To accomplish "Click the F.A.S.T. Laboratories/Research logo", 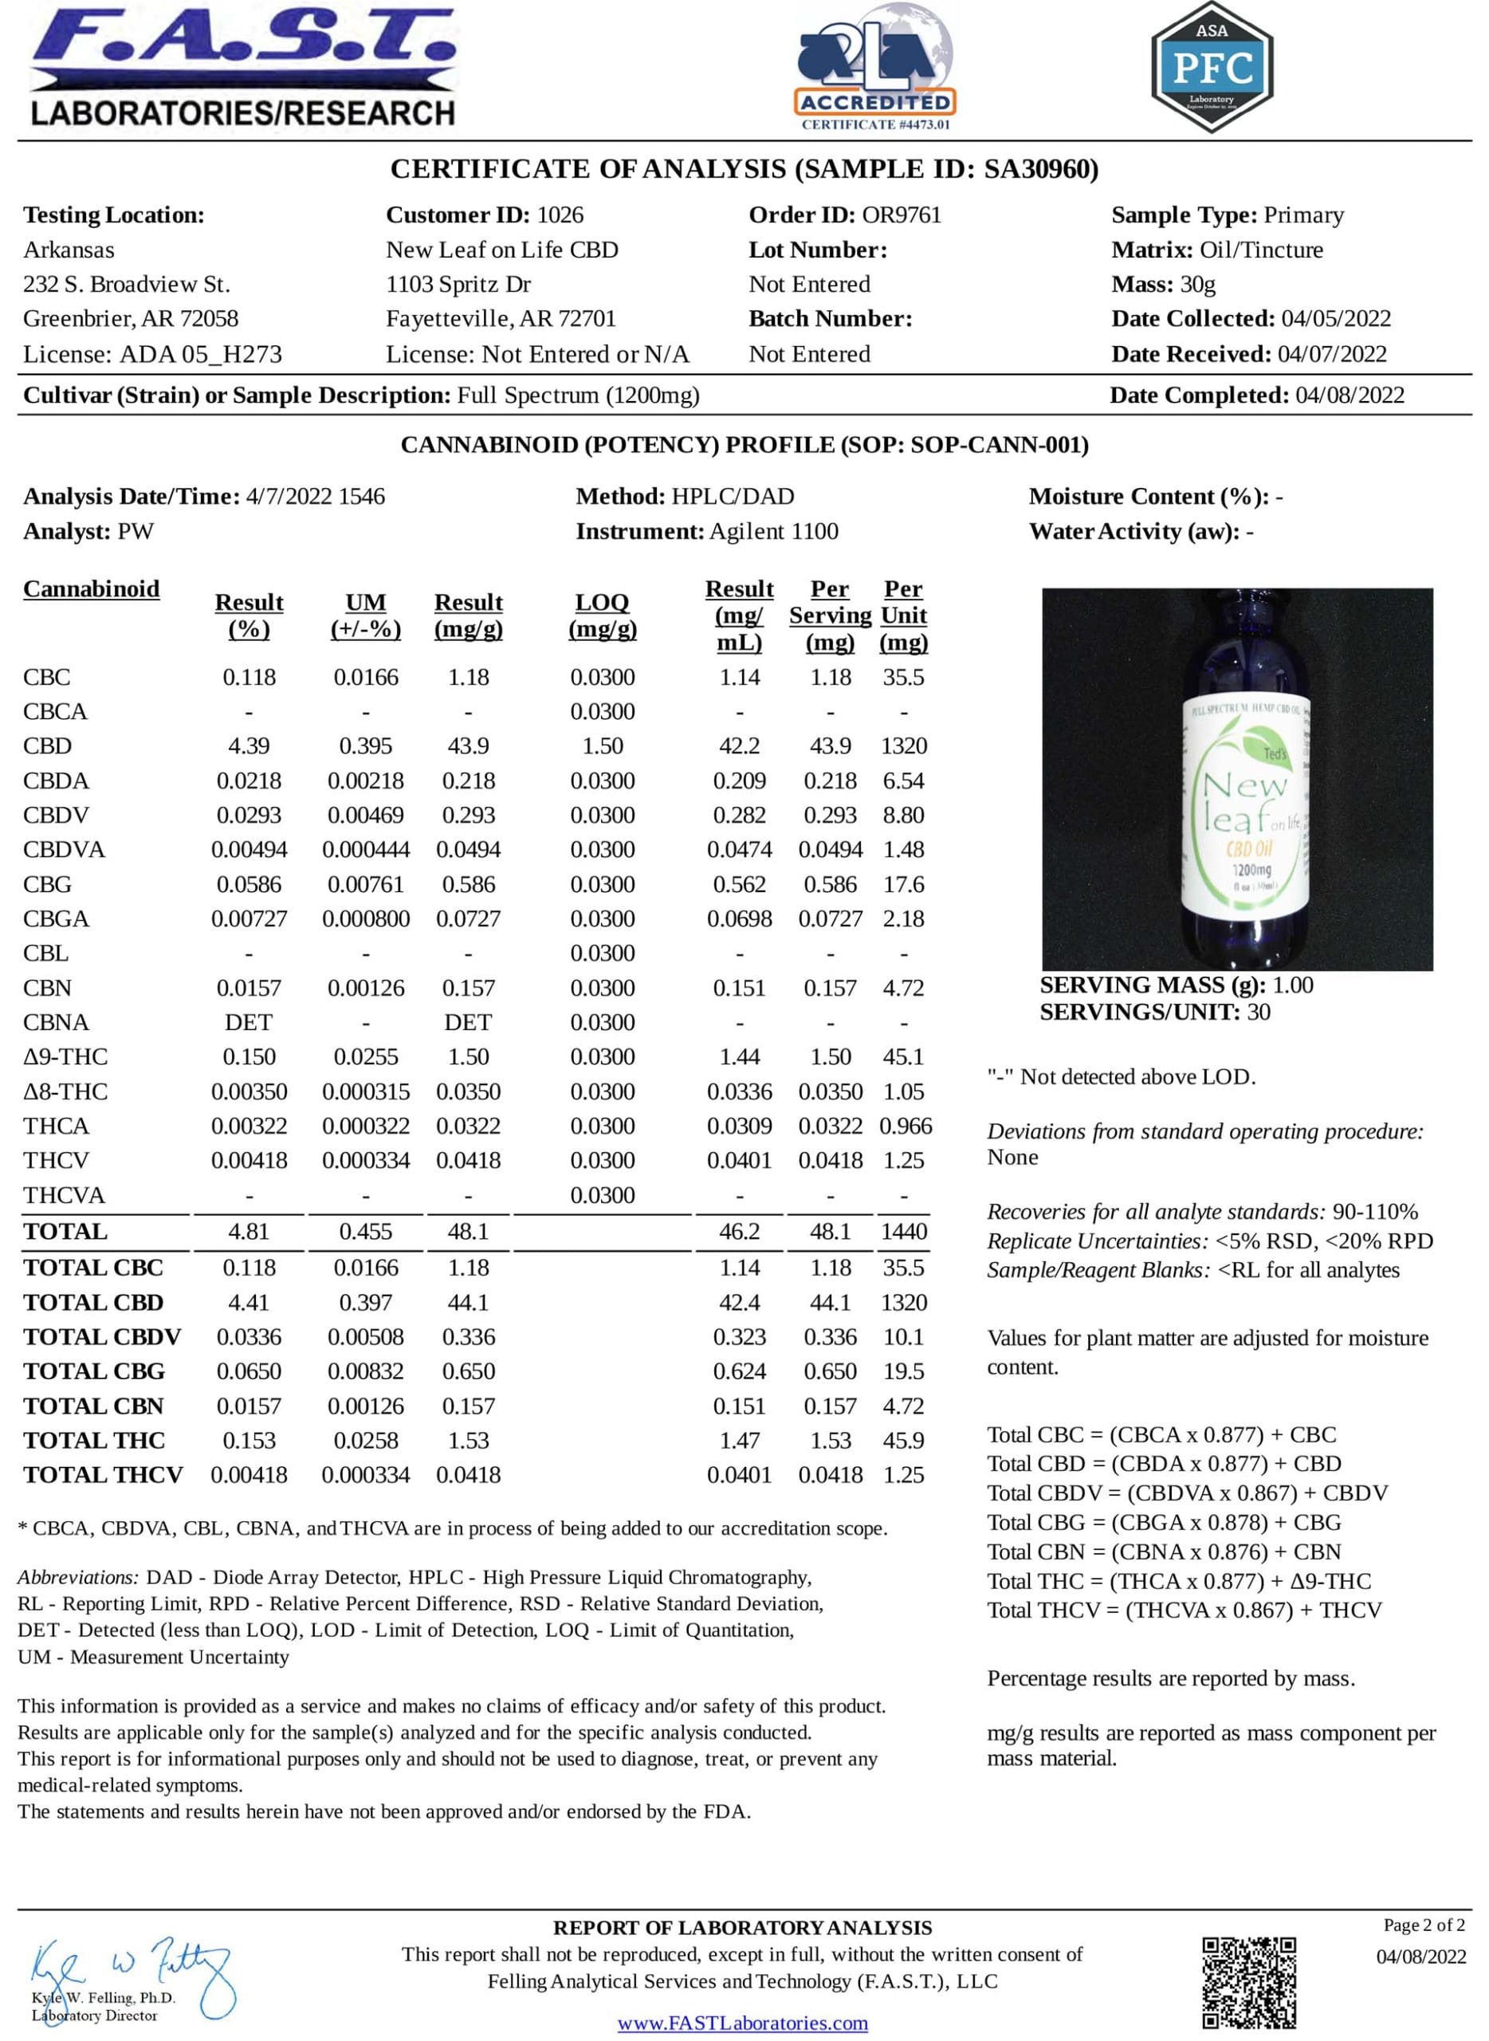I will [242, 68].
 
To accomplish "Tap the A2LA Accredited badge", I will [874, 69].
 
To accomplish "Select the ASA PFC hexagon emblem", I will [1212, 68].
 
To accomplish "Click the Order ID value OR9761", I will [902, 214].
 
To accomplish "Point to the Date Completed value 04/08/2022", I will [1350, 395].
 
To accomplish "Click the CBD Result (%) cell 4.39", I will [249, 746].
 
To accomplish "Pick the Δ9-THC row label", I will [65, 1056].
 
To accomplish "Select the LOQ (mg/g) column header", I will [602, 615].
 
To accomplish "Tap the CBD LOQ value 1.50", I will [602, 746].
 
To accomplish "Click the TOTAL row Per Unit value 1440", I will [903, 1232].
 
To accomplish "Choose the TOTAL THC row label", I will [94, 1441].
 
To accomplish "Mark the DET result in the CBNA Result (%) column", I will [249, 1022].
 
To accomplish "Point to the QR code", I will [1249, 1983].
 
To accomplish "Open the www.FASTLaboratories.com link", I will [743, 2023].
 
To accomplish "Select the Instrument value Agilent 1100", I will [773, 532].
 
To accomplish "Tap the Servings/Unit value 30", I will [1259, 1012].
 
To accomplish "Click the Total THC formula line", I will [1179, 1580].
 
